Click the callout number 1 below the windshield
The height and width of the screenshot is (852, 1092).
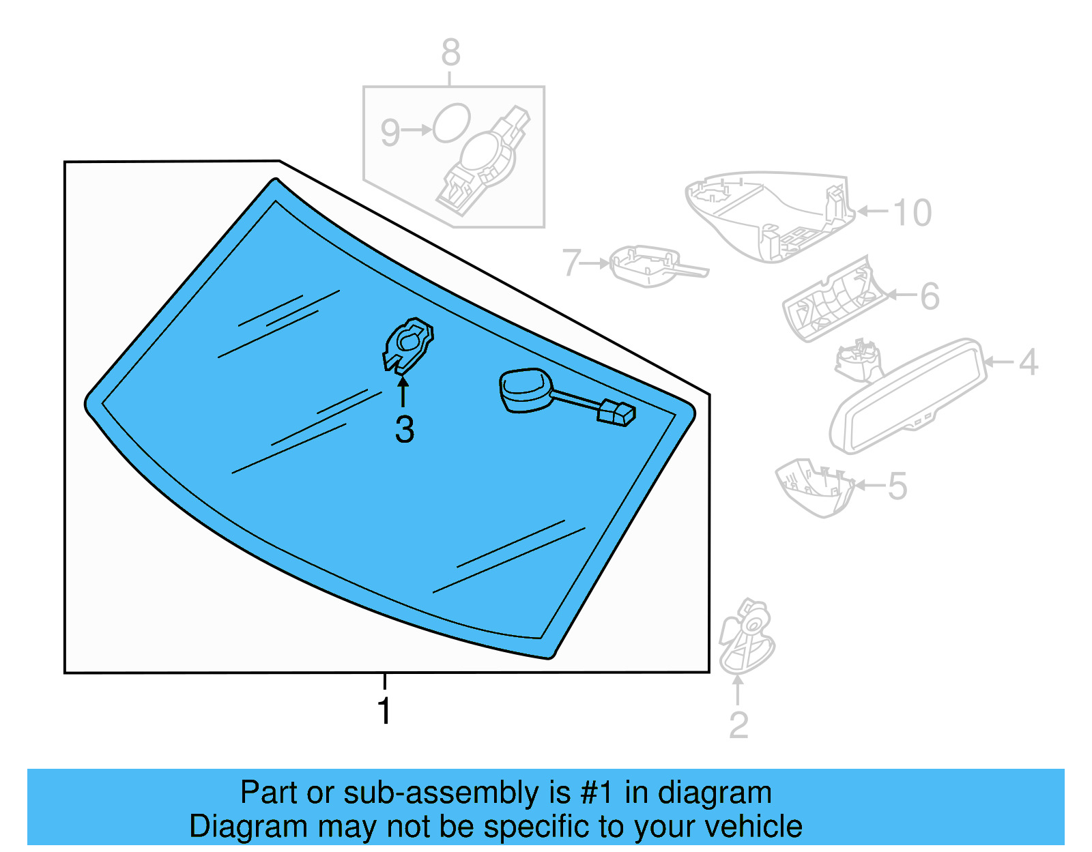[384, 711]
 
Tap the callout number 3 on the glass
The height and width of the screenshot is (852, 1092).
[404, 430]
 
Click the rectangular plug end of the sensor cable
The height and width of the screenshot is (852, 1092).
[616, 413]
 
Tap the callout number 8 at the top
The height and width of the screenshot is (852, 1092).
[450, 53]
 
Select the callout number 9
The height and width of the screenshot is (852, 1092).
[390, 132]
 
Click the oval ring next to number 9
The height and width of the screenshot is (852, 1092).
[451, 123]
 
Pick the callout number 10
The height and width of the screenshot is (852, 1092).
[912, 213]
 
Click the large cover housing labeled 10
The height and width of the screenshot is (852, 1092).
[771, 215]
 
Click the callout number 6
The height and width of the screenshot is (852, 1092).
[930, 296]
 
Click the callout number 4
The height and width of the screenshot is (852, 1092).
[1028, 362]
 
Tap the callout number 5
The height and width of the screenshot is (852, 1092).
[897, 486]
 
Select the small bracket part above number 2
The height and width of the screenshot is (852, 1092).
[747, 636]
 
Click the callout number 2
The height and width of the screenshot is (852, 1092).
[738, 725]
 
